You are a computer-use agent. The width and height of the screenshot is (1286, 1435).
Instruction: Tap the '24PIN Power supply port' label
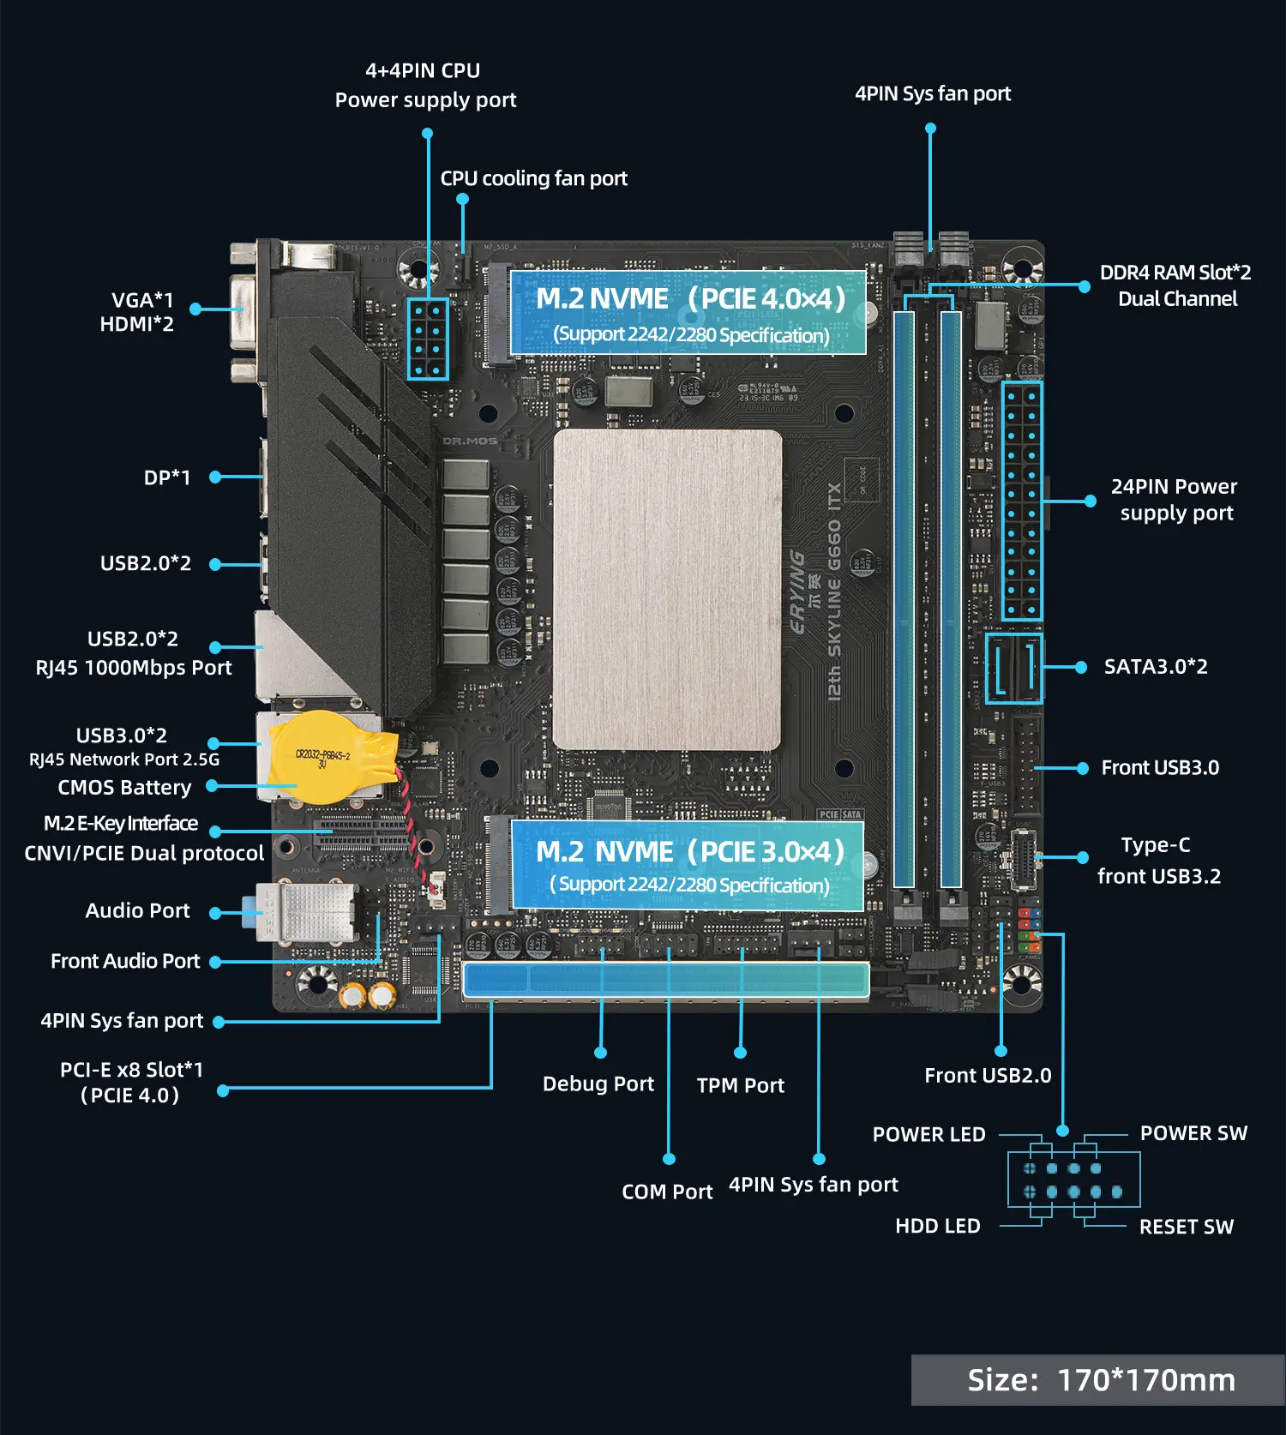coord(1175,500)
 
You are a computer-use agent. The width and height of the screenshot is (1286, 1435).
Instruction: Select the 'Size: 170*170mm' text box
coord(1100,1380)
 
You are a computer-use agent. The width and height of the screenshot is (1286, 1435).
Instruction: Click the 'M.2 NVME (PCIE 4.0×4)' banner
coord(688,313)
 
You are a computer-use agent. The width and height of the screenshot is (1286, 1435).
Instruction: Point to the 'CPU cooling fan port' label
coord(533,178)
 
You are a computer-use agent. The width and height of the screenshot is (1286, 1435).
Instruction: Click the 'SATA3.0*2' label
coord(1155,667)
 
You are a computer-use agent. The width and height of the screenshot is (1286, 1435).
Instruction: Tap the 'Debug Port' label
coord(598,1084)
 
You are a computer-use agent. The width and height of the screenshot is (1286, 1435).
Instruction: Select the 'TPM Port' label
coord(741,1086)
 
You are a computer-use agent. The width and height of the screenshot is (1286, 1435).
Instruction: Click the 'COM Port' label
coord(667,1192)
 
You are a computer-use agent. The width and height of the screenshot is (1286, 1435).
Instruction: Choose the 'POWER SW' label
coord(1193,1133)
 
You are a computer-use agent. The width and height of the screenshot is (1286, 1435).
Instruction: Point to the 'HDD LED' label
coord(937,1226)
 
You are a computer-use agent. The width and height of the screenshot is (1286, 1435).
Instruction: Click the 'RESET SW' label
coord(1187,1227)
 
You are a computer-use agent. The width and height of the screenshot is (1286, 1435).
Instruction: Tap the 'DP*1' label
coord(167,477)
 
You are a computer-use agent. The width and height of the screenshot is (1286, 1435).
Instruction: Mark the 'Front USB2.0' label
coord(988,1076)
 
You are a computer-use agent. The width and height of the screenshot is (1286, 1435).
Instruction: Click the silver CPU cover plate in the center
coord(668,590)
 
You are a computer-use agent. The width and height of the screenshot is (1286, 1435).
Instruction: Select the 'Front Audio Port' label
coord(125,962)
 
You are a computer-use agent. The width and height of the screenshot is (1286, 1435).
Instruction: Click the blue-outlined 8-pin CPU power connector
coord(427,339)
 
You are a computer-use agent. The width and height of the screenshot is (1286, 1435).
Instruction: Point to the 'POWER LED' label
coord(928,1135)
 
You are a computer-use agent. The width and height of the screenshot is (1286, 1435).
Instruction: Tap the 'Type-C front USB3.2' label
coord(1157,861)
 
